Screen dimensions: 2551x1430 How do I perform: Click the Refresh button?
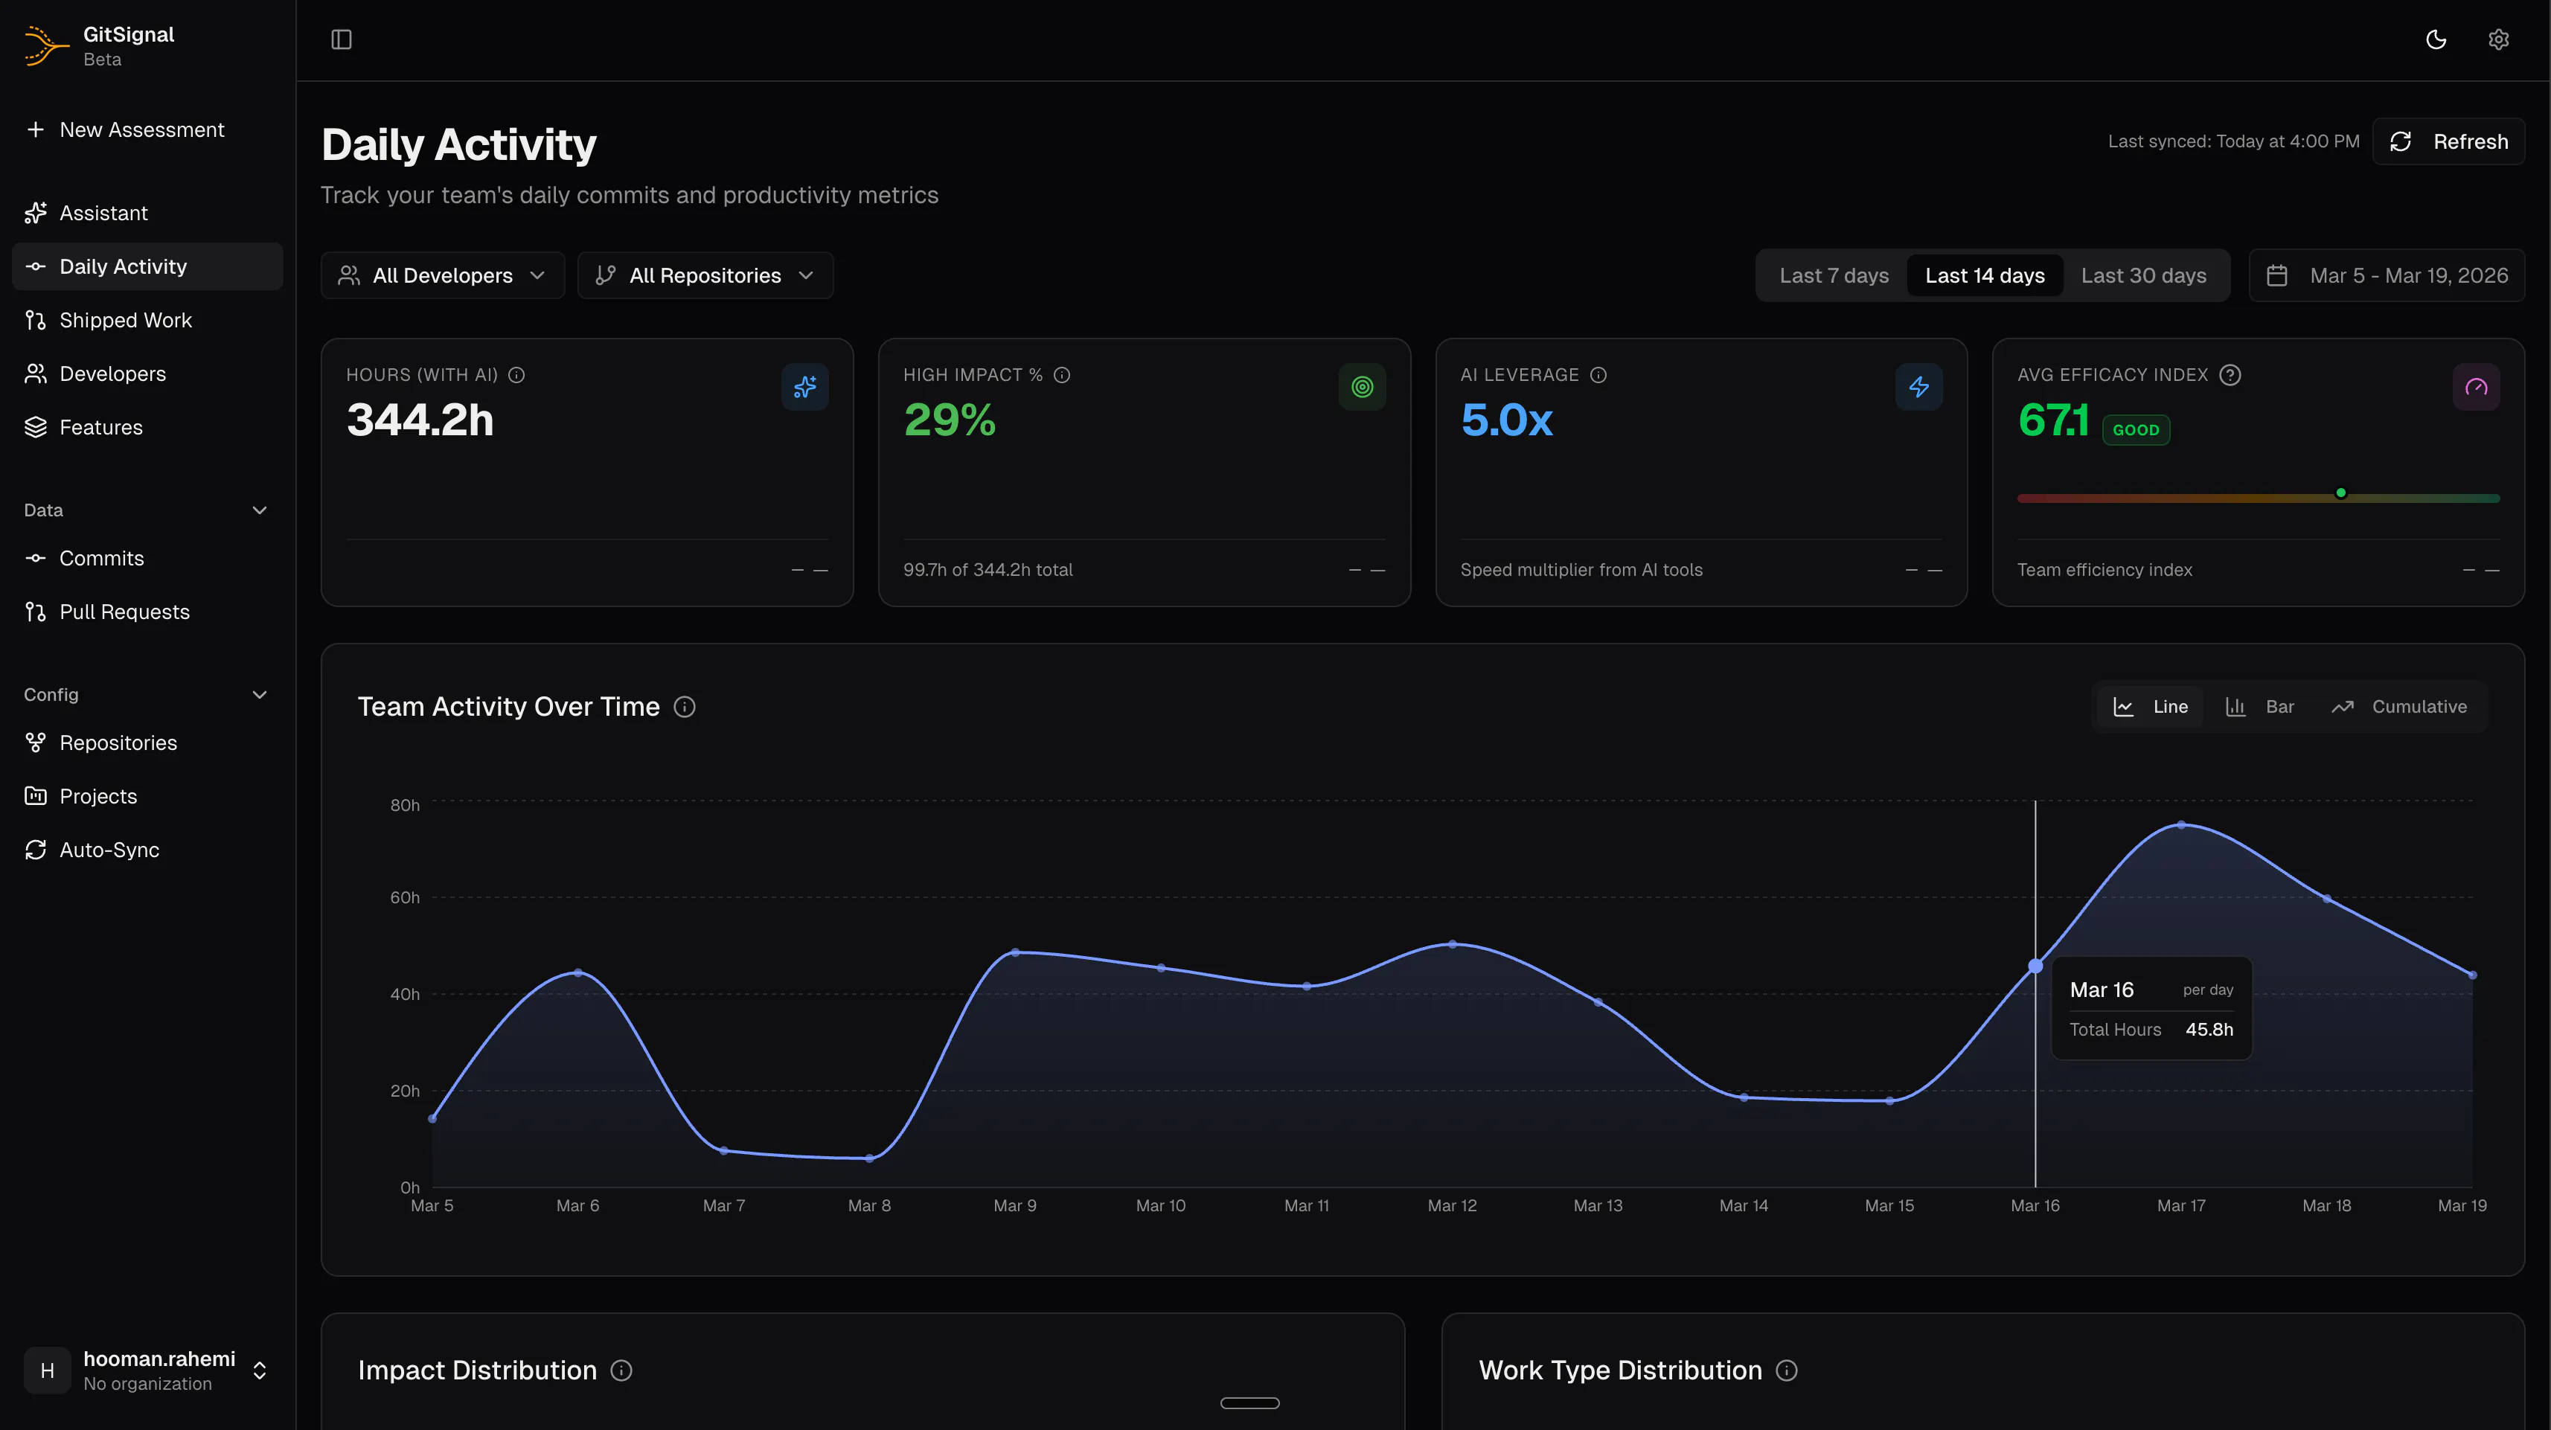[2448, 141]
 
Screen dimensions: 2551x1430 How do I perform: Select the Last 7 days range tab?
[1834, 275]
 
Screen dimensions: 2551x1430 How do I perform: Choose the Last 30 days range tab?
[2143, 275]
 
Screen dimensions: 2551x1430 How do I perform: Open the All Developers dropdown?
[443, 275]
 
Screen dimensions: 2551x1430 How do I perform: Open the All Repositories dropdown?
[705, 275]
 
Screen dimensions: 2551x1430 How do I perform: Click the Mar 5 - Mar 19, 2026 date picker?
[2387, 275]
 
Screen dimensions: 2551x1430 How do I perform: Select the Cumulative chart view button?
[2399, 706]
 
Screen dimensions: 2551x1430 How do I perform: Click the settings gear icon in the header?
[2498, 39]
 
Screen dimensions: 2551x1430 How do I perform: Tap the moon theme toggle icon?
[2436, 39]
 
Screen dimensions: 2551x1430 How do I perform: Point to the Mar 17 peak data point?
[2180, 825]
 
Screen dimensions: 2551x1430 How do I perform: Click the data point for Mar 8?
[869, 1158]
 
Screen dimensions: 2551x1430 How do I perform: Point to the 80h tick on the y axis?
[404, 805]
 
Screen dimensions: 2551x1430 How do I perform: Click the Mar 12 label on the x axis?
[1452, 1206]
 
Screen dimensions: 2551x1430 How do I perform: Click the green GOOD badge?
[2135, 430]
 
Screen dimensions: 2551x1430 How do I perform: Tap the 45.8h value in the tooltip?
[2209, 1030]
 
